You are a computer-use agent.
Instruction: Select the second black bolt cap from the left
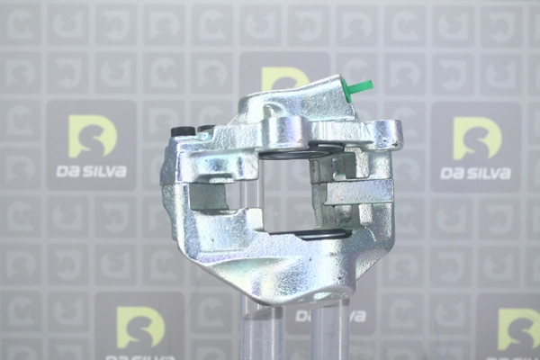tap(204, 129)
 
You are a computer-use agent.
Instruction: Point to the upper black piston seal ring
tap(300, 154)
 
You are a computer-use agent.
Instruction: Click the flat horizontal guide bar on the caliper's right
tap(358, 192)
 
